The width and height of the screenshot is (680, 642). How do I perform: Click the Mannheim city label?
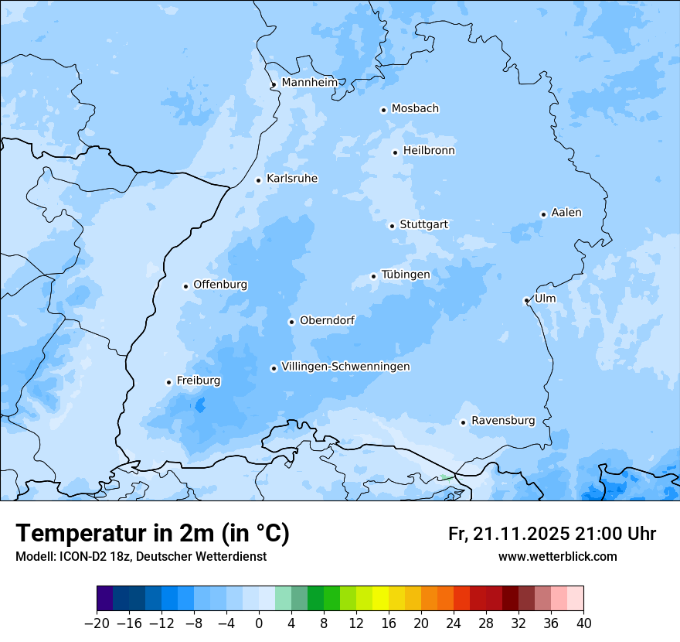(309, 82)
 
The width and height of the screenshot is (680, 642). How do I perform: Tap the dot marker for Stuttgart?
(392, 226)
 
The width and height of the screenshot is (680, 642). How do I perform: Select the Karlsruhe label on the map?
(292, 179)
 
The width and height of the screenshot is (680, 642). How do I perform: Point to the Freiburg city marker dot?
(168, 382)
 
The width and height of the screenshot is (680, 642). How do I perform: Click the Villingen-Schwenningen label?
(345, 367)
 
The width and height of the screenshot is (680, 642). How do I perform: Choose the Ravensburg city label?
(503, 421)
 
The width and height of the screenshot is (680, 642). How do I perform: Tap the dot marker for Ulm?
(526, 300)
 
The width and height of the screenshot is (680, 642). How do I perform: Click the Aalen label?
(566, 213)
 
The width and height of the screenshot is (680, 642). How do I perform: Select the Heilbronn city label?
(429, 151)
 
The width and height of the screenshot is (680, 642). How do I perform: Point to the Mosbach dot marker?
(383, 110)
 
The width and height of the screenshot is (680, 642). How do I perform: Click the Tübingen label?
(406, 275)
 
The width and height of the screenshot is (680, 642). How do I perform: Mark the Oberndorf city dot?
(291, 322)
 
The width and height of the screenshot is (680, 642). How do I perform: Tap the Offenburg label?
(220, 285)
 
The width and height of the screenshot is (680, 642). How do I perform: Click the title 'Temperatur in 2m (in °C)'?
(152, 534)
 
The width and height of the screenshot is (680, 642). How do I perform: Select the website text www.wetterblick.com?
(557, 556)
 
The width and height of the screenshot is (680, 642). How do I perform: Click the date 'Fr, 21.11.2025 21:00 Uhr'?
(552, 534)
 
